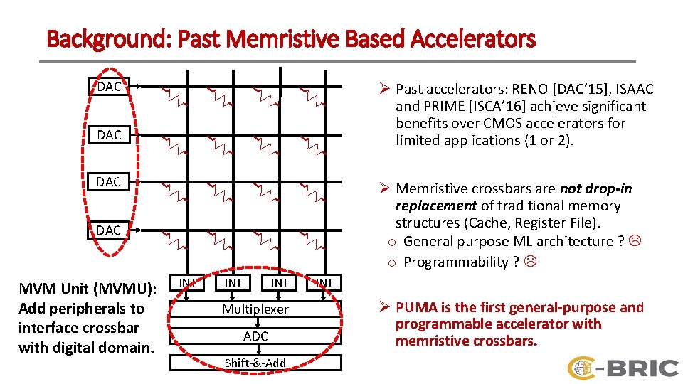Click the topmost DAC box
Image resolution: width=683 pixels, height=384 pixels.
tap(109, 87)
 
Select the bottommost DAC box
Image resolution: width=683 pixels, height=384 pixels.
tap(109, 230)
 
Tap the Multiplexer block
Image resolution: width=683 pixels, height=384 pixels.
tap(255, 309)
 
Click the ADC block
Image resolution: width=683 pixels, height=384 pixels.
tap(255, 336)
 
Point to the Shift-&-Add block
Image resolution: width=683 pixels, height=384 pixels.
tap(255, 363)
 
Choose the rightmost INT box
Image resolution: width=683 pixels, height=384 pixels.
tap(325, 282)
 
